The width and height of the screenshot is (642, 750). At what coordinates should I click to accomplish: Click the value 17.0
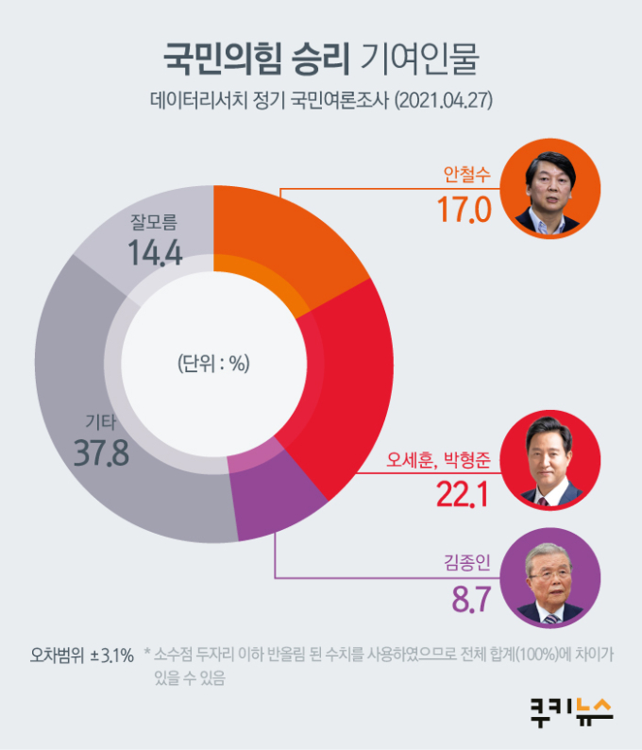pyautogui.click(x=465, y=208)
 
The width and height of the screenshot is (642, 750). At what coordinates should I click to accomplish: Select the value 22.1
pyautogui.click(x=462, y=493)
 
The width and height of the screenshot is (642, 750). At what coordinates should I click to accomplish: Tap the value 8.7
pyautogui.click(x=469, y=599)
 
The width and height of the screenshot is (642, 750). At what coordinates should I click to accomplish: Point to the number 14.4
pyautogui.click(x=156, y=253)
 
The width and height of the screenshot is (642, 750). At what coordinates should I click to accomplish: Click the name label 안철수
pyautogui.click(x=466, y=174)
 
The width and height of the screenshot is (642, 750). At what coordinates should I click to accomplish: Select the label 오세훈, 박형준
pyautogui.click(x=439, y=461)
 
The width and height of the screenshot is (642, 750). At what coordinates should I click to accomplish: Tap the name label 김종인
pyautogui.click(x=468, y=565)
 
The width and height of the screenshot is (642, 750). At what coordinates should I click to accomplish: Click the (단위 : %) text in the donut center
pyautogui.click(x=213, y=363)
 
